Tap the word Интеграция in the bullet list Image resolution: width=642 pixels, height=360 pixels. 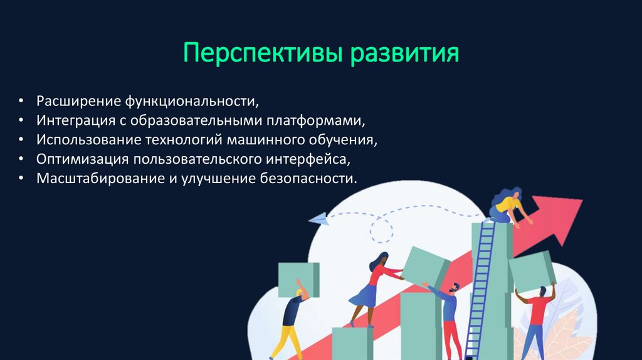tap(75, 120)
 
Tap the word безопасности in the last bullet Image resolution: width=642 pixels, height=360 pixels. tap(308, 178)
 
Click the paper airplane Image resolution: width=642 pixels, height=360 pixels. tap(318, 219)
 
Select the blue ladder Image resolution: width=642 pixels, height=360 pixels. tap(480, 289)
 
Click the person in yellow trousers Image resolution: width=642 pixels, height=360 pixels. tap(292, 320)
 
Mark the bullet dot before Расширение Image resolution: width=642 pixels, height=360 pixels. tap(21, 101)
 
